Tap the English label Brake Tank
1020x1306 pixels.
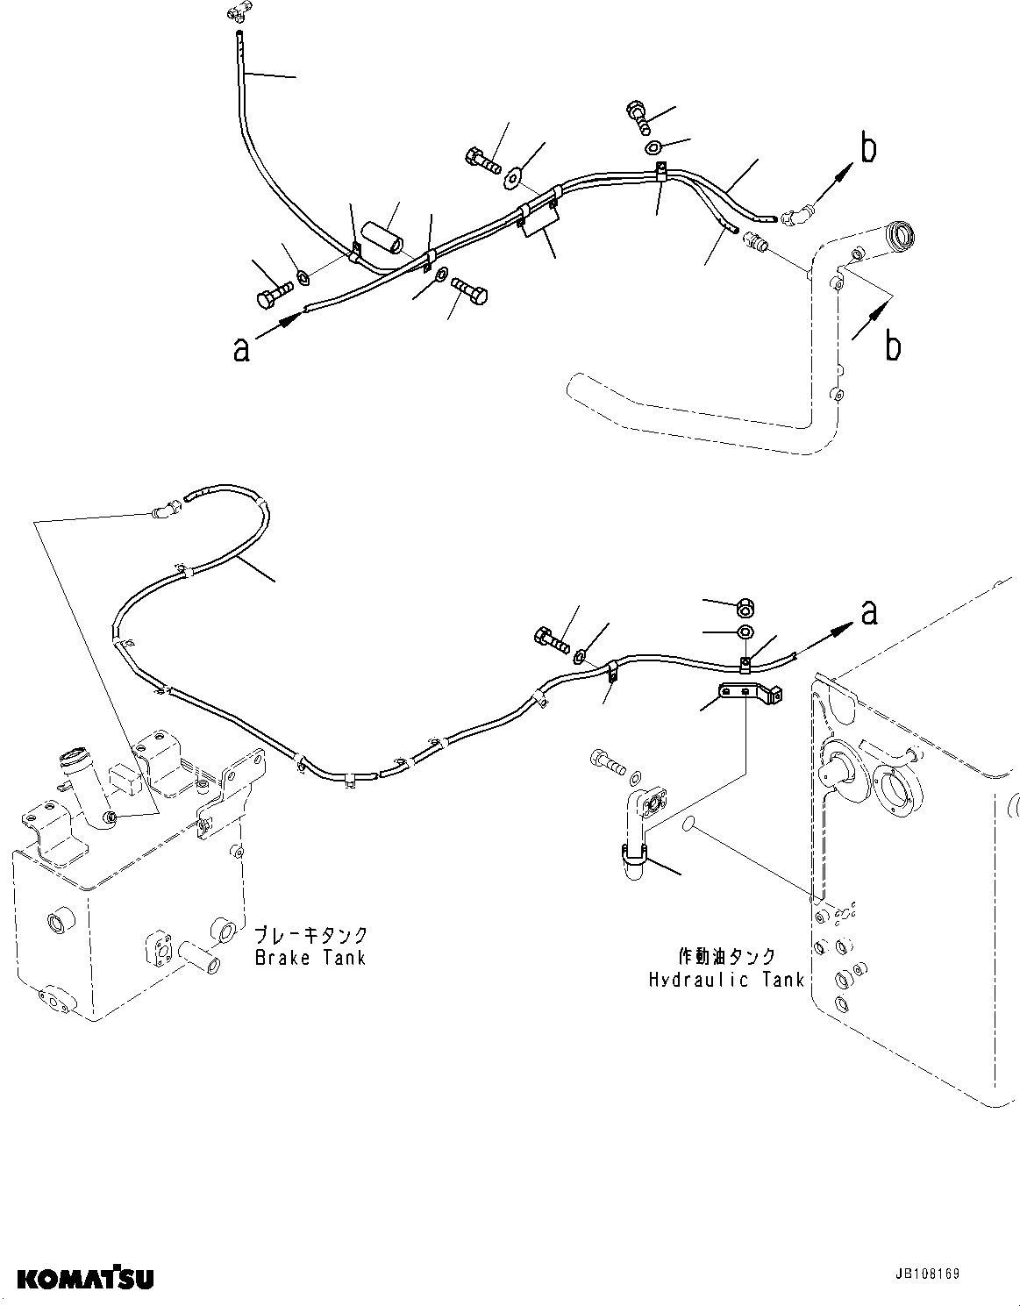pyautogui.click(x=310, y=957)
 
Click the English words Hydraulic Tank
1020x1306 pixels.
pyautogui.click(x=726, y=980)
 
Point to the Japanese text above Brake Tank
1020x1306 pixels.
pyautogui.click(x=310, y=935)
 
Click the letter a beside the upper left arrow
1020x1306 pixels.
pyautogui.click(x=241, y=348)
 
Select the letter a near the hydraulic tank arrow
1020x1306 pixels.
pyautogui.click(x=868, y=611)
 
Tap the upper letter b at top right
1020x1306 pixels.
pyautogui.click(x=867, y=150)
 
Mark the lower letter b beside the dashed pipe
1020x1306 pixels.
pyautogui.click(x=892, y=346)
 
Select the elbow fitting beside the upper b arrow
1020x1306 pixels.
pyautogui.click(x=797, y=215)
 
